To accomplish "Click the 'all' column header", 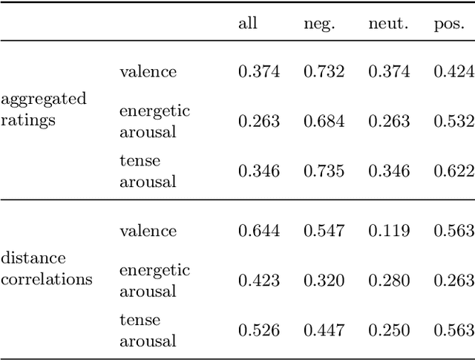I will point(248,23).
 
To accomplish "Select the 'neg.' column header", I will point(319,23).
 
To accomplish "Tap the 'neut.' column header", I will point(388,23).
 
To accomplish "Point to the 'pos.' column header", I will point(453,23).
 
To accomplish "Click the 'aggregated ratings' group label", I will point(44,110).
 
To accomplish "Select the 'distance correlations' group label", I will point(47,269).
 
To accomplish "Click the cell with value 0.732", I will point(324,72).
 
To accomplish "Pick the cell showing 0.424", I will point(453,72).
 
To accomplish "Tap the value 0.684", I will point(324,121).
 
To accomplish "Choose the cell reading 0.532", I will point(453,121).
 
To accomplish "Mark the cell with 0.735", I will point(324,171).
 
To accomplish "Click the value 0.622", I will point(453,171).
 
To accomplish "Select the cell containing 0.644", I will point(259,231).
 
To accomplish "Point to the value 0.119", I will point(389,231).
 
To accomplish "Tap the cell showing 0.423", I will point(259,281).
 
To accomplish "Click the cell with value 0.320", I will point(324,281).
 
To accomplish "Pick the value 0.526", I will point(259,330).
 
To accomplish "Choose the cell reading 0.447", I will point(324,330).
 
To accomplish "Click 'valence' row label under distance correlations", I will point(148,231).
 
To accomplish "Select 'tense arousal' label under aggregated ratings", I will point(148,171).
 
